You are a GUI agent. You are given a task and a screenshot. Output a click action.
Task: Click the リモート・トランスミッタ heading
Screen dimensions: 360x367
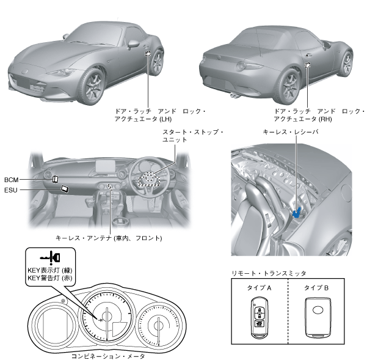point(269,273)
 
